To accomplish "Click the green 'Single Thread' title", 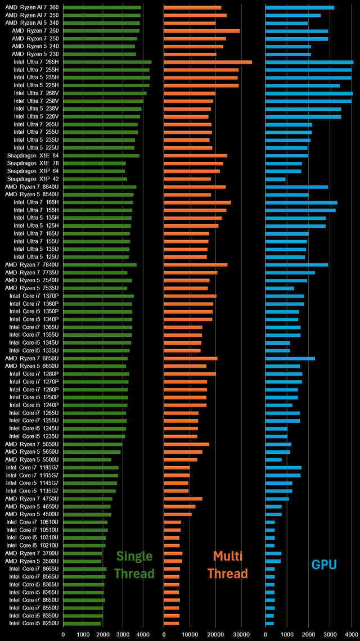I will point(134,565).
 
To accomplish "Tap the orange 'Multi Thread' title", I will point(227,565).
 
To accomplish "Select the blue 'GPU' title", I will point(324,564).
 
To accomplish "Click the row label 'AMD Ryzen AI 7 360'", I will point(32,7).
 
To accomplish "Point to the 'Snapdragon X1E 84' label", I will point(33,155).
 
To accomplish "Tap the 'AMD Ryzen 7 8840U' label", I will point(32,187).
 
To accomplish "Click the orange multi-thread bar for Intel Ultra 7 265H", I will point(208,62).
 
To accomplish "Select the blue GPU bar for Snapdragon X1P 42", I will point(276,179).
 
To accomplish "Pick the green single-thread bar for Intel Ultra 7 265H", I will point(107,62).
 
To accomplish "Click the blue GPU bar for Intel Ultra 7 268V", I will point(309,93).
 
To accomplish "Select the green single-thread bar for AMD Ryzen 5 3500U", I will point(83,561).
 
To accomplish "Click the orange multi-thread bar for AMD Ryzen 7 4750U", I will point(183,498).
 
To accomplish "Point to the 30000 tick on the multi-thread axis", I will point(241,635).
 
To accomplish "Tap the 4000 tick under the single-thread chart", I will point(143,635).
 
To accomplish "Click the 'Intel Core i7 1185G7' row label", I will point(32,467).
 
